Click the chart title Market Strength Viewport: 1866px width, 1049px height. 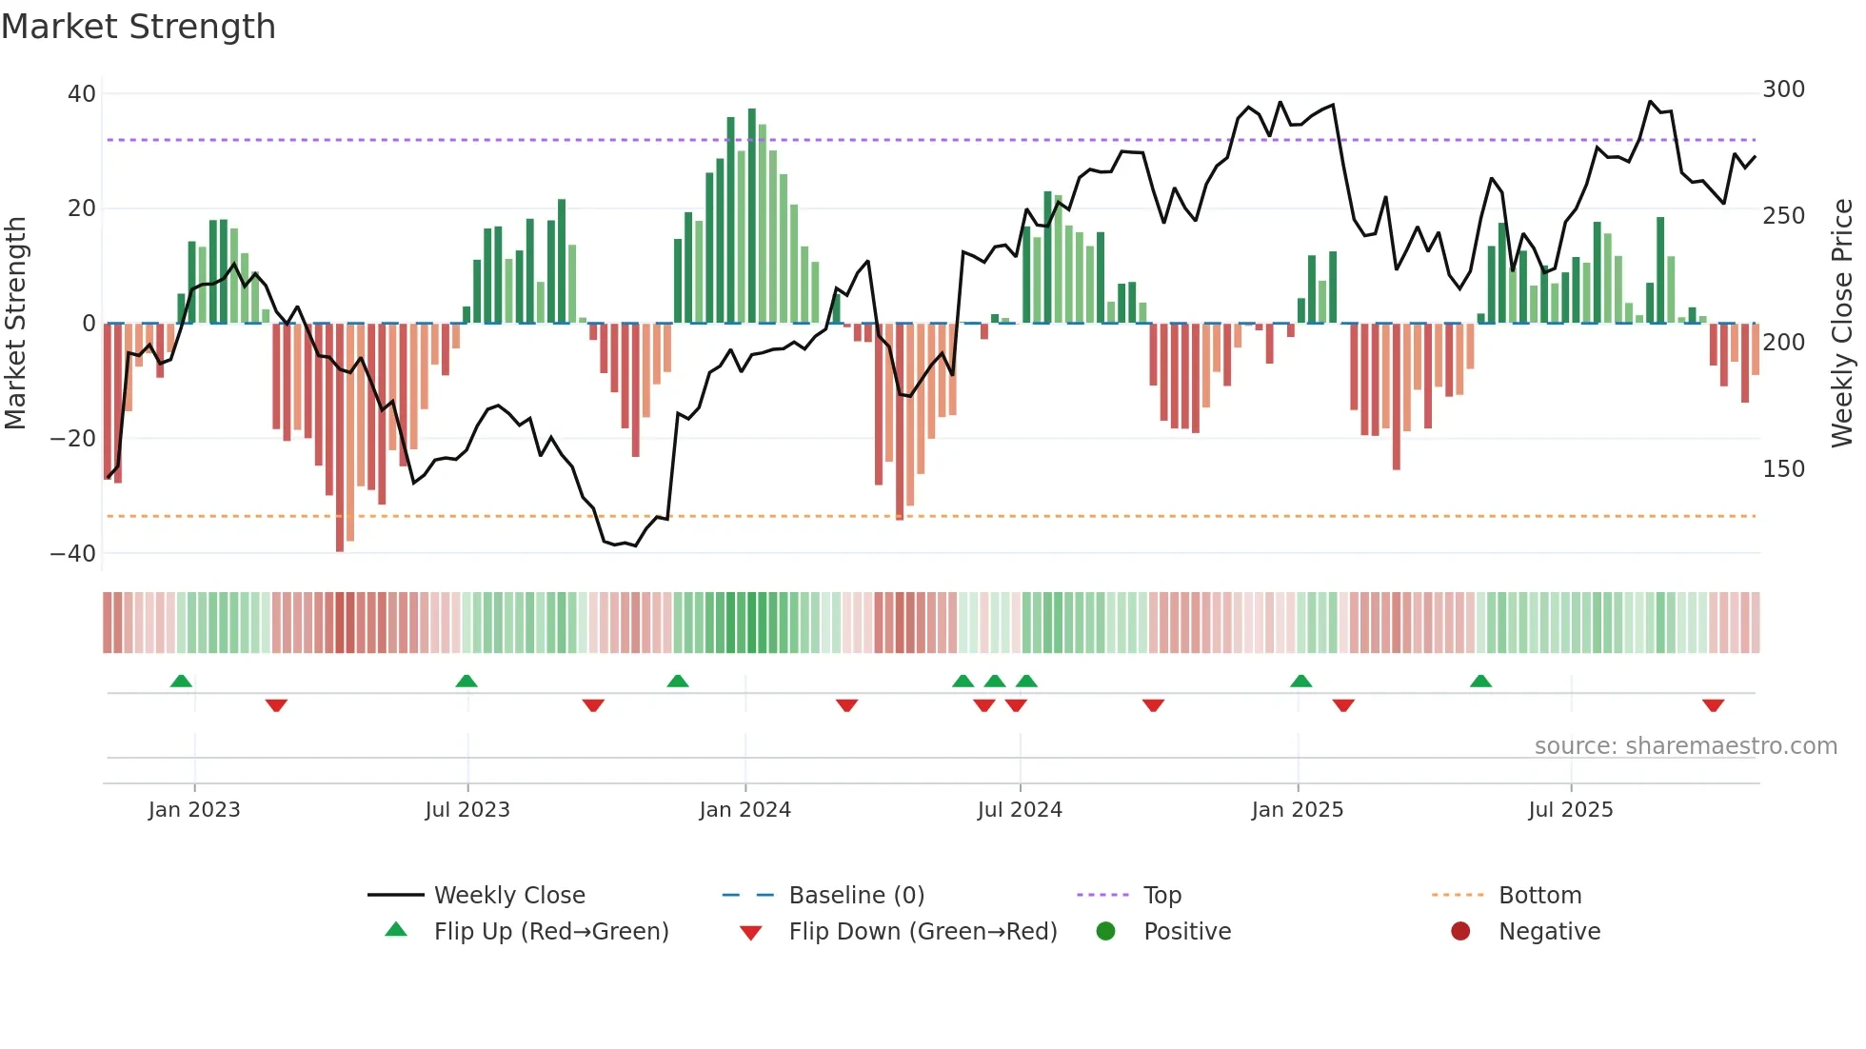pos(138,27)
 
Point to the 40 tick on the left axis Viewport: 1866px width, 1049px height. pos(82,94)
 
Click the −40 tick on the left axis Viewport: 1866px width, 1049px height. pos(73,553)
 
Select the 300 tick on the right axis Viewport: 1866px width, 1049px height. pos(1783,89)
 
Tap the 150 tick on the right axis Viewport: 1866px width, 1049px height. pos(1783,469)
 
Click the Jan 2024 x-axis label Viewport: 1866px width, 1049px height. pos(744,810)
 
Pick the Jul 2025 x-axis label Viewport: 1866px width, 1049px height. pos(1570,810)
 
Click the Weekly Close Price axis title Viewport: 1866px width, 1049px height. pos(1842,324)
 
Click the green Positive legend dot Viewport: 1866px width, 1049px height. pos(1105,932)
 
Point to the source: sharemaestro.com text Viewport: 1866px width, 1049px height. pos(1685,746)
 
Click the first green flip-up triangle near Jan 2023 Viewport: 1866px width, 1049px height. pos(181,681)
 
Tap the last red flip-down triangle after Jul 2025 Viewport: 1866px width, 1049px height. pos(1713,705)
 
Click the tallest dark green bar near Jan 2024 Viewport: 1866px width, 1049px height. pos(752,215)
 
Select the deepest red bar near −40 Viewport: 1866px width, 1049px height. pos(340,438)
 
